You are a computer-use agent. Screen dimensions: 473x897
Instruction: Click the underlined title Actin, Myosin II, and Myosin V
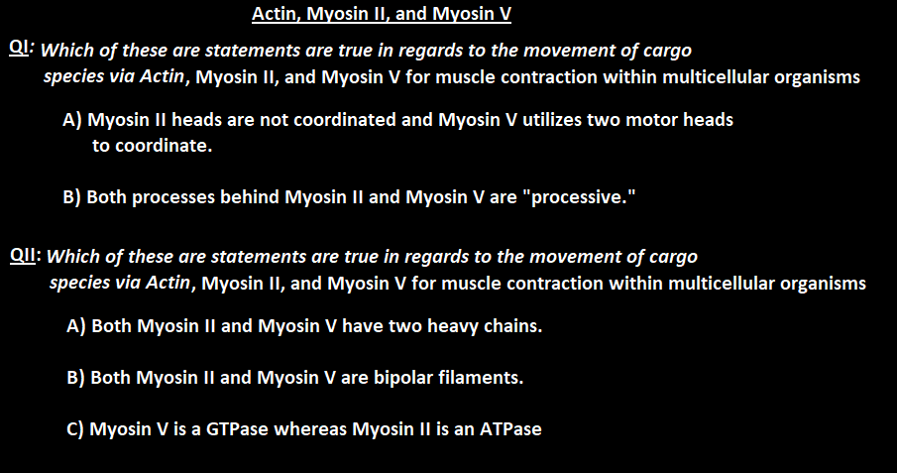point(382,14)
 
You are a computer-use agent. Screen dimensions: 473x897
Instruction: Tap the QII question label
point(24,255)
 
